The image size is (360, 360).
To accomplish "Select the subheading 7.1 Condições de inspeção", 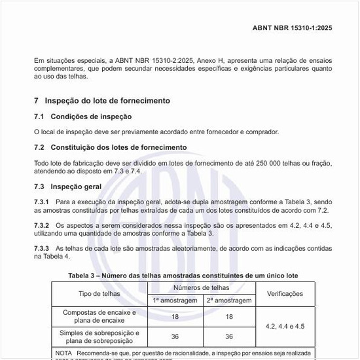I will [82, 117].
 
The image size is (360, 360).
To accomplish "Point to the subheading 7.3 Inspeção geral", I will [67, 187].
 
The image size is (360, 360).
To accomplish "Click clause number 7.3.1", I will [42, 202].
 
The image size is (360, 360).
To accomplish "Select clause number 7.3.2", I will [42, 225].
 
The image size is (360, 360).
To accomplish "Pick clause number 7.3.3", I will [42, 249].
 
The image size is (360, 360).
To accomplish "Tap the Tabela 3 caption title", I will [183, 276].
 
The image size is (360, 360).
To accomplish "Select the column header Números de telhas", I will [201, 288].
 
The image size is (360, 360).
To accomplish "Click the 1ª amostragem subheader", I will [175, 300].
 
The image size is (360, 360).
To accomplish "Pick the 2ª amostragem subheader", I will [228, 300].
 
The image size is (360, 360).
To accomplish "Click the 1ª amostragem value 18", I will [175, 317].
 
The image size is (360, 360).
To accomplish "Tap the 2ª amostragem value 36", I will [228, 336].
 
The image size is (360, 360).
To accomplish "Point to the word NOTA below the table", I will [63, 352].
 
